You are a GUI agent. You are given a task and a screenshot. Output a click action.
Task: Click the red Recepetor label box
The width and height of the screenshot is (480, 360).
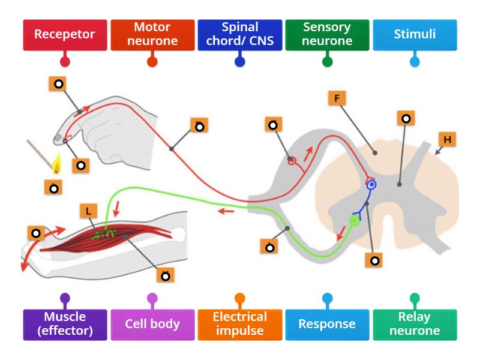(x=65, y=35)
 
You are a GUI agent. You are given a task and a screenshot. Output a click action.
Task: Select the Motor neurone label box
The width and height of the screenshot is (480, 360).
(x=152, y=35)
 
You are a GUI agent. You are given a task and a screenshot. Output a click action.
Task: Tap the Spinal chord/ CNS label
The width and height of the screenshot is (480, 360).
(x=239, y=35)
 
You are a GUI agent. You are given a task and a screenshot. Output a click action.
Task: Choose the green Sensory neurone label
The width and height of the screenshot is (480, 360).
(x=327, y=35)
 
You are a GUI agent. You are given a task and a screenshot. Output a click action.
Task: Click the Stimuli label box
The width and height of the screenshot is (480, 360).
(x=414, y=35)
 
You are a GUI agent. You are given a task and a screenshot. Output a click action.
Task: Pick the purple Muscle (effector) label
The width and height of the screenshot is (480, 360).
(x=65, y=324)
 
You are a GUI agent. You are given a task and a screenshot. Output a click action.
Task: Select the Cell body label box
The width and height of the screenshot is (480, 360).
(x=152, y=324)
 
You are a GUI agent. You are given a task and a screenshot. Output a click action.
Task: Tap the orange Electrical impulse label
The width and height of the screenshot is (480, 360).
(x=239, y=324)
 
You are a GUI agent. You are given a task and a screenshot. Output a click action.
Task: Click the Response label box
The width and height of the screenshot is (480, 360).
(x=327, y=324)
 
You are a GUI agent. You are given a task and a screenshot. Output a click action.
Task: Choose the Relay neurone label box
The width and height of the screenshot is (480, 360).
(x=415, y=324)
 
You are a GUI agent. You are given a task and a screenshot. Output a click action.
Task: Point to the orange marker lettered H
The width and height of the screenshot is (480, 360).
(x=447, y=139)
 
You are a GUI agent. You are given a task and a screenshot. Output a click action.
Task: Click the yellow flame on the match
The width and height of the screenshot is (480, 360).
(x=58, y=164)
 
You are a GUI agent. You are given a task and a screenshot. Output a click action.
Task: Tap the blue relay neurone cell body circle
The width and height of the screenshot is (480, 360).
(x=371, y=185)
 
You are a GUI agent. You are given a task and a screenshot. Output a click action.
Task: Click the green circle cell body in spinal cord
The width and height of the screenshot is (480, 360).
(x=355, y=221)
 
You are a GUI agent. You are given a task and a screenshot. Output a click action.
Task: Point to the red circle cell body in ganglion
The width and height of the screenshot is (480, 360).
(x=292, y=161)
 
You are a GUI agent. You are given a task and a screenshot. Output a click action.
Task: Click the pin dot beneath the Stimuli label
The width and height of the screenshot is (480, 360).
(x=414, y=61)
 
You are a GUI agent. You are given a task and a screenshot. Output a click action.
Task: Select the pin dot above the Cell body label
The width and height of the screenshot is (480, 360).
(x=152, y=298)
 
